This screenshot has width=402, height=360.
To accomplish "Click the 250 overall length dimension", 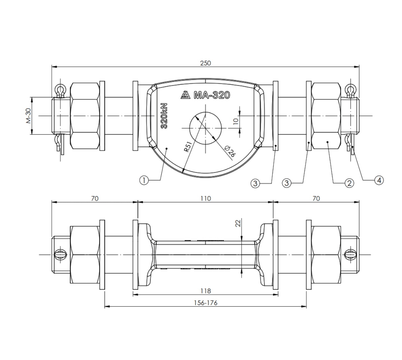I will tap(205, 63).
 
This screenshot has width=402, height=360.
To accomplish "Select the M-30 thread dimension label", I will tap(29, 116).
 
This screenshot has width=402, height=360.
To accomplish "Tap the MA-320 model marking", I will tap(212, 95).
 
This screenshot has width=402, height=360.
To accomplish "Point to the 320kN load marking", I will tap(164, 116).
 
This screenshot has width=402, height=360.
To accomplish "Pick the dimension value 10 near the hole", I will tap(236, 121).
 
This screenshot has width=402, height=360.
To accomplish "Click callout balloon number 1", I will tap(144, 180).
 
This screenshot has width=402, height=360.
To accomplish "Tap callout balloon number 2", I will tap(349, 183).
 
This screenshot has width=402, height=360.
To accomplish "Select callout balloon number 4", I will tap(378, 180).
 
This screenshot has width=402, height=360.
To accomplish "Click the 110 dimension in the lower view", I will tap(205, 199).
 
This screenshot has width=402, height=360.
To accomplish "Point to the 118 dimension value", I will tap(205, 291).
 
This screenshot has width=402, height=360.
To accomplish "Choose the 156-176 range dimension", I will tap(205, 303).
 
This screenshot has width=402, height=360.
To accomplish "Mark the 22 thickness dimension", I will tap(238, 223).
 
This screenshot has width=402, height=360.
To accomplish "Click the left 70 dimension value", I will tap(95, 199).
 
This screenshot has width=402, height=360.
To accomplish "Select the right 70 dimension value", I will tap(316, 199).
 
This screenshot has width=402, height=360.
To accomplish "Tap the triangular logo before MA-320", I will tap(185, 95).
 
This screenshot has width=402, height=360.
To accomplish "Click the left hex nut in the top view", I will tap(85, 116).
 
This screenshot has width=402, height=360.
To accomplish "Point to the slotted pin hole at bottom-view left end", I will tap(60, 255).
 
